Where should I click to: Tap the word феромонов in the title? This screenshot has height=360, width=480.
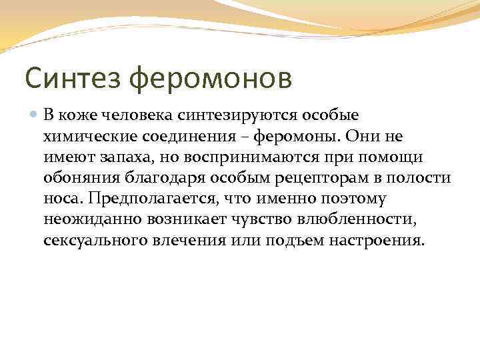(x=211, y=79)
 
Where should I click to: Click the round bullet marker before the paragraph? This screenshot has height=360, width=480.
(x=34, y=115)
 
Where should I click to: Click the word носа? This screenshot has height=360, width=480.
(x=59, y=199)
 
